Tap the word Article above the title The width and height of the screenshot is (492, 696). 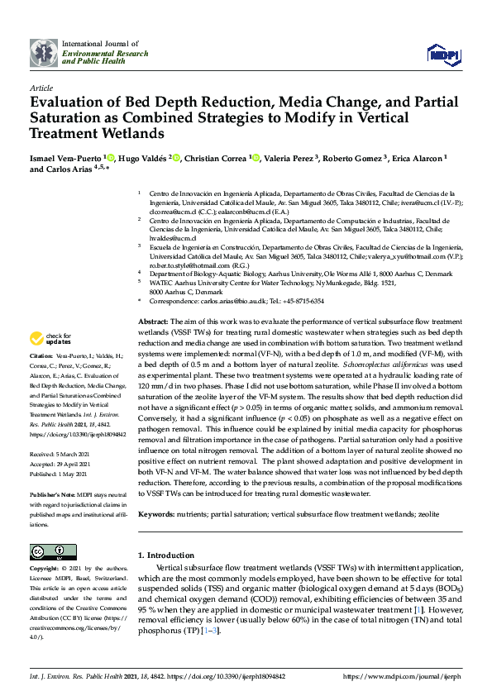[41, 87]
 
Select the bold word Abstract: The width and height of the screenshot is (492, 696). [153, 320]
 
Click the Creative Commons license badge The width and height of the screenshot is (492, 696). [47, 551]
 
